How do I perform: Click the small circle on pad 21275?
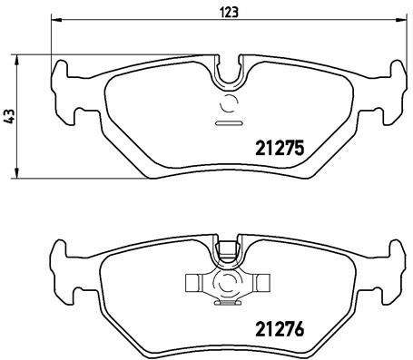pos(228,103)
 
